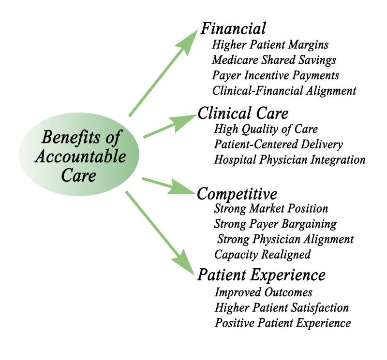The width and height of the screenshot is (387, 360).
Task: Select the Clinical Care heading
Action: (243, 113)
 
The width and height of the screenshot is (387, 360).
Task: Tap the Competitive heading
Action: (237, 194)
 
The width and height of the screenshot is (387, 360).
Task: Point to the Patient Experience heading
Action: (261, 274)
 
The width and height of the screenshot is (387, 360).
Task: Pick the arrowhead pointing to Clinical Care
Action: (186, 120)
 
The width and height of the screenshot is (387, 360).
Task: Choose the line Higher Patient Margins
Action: (270, 45)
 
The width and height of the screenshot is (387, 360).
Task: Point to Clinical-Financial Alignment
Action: (284, 90)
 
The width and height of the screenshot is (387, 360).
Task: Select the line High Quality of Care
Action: (266, 129)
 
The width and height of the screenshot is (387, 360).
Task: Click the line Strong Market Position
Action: (271, 209)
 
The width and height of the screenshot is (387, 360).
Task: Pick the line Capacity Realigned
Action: (262, 254)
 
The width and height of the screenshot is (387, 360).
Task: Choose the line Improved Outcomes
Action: (264, 292)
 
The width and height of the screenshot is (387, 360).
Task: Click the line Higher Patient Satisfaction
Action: (282, 307)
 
